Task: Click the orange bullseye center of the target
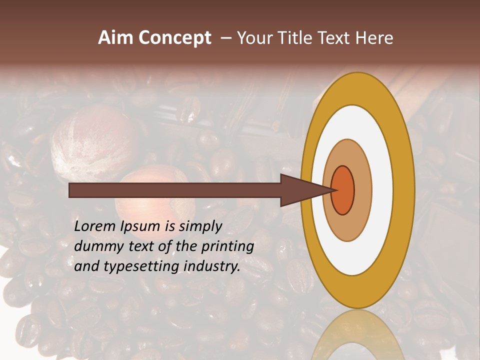[x=343, y=190]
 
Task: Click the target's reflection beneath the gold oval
[x=357, y=335]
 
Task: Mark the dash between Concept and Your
[x=225, y=38]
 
